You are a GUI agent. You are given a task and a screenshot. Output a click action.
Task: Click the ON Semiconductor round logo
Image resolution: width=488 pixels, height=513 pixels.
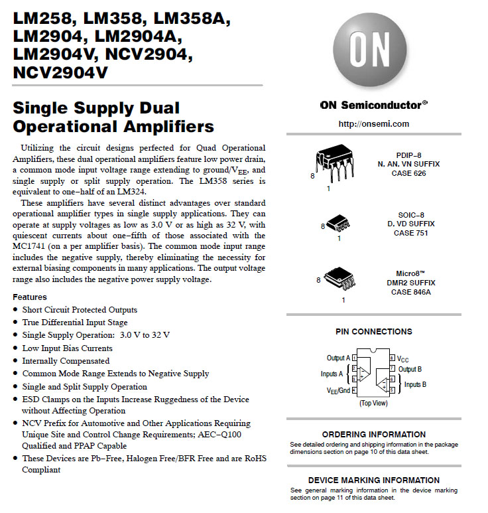coord(373,53)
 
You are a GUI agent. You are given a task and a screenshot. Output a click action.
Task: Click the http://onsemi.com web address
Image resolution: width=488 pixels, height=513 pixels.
coord(373,123)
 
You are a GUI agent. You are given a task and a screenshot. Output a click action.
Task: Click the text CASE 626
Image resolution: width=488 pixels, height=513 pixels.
coord(408,173)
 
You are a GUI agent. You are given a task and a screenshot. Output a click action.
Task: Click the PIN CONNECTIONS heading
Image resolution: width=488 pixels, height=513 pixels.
coord(373,331)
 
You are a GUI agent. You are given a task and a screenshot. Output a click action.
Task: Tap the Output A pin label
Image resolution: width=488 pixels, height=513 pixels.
coord(338,358)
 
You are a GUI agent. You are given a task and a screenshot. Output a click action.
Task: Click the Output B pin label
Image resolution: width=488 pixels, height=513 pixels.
coord(410,368)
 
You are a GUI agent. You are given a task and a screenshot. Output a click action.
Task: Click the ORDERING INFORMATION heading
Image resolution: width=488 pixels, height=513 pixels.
coord(373,434)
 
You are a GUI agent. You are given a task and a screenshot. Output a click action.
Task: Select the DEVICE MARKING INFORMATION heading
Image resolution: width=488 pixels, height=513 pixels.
coord(373,480)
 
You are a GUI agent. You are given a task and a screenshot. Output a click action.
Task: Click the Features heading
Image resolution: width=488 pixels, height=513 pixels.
coord(30,297)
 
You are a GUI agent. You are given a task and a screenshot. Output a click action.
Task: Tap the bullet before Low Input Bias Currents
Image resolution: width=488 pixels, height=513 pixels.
coord(16,348)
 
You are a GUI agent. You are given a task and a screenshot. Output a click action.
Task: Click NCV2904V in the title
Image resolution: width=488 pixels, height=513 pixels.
coord(60,72)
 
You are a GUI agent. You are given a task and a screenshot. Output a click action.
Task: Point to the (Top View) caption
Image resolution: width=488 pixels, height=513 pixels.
coord(373,403)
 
